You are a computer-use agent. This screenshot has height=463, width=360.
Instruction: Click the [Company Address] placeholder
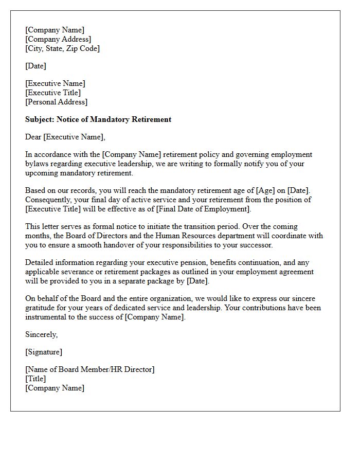coord(58,39)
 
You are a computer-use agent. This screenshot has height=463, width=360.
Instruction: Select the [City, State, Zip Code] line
coord(62,48)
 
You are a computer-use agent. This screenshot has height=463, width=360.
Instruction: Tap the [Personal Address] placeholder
coord(56,102)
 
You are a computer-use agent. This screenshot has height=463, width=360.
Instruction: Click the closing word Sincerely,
coord(42,334)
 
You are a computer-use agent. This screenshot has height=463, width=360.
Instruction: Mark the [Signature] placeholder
coord(44,352)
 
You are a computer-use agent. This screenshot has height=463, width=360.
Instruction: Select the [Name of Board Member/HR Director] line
coord(90,369)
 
